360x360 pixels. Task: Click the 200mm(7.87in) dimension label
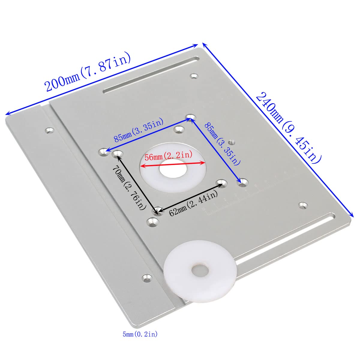click(x=88, y=72)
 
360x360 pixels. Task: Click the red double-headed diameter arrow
click(x=173, y=163)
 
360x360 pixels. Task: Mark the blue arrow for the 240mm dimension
click(x=277, y=129)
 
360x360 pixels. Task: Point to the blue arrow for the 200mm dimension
click(x=102, y=79)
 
